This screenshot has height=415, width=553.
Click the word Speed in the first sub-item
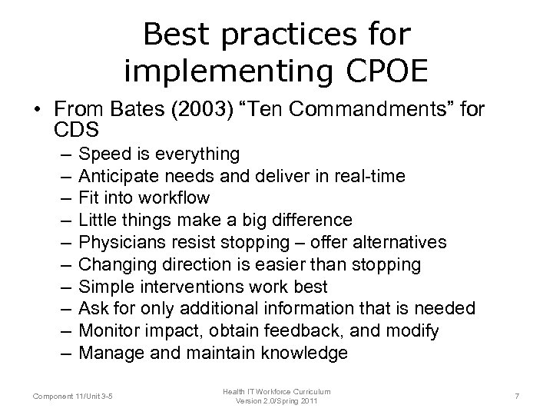click(x=104, y=154)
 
